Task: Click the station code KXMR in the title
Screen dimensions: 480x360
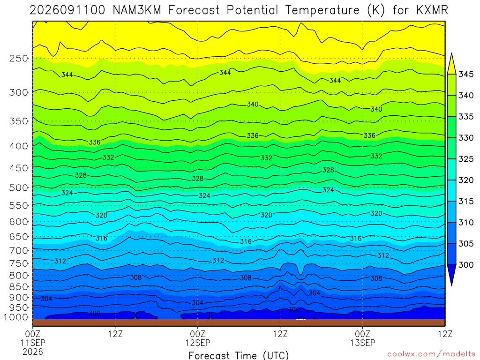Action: point(432,10)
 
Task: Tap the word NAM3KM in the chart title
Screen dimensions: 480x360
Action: point(137,10)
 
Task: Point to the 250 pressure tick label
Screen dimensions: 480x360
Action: point(19,58)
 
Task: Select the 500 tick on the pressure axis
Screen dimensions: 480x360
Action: point(19,187)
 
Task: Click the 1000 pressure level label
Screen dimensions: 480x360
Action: point(16,317)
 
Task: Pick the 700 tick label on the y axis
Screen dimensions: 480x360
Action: point(19,251)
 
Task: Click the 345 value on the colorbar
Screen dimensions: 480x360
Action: point(466,75)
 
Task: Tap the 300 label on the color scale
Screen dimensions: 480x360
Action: point(466,265)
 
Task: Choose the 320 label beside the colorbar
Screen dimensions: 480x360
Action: point(466,180)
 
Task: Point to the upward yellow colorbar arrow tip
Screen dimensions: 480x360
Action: point(451,53)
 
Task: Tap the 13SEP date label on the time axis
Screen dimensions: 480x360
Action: point(363,343)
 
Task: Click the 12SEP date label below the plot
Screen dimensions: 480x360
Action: point(198,343)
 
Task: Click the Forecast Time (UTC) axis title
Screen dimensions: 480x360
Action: point(239,355)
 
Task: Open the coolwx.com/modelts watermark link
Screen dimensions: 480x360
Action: point(431,354)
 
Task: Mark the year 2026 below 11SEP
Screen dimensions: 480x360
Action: point(33,352)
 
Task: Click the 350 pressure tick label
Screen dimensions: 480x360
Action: point(19,121)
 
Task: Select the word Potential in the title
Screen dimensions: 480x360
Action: point(252,10)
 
